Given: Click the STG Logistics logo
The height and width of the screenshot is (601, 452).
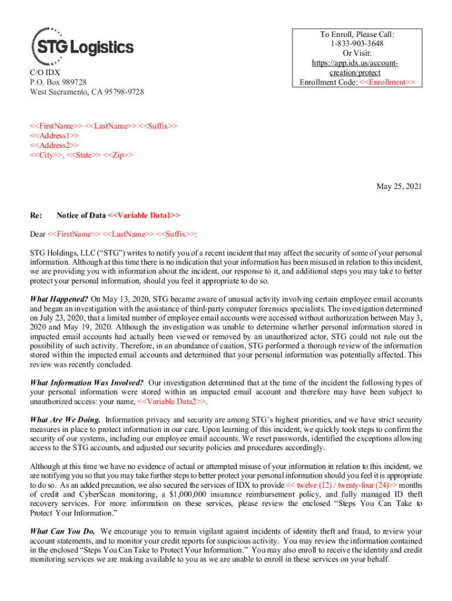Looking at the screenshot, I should coord(82,46).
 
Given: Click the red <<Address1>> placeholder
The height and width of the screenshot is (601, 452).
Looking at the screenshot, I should coord(55,135).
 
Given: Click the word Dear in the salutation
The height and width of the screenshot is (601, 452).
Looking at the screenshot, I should coord(38,234).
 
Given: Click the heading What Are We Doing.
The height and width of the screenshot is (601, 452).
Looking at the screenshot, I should coord(65,420).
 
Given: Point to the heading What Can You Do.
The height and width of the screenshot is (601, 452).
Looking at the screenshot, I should coord(63,531).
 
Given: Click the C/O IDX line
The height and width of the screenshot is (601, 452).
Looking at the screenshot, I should coord(45,72).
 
